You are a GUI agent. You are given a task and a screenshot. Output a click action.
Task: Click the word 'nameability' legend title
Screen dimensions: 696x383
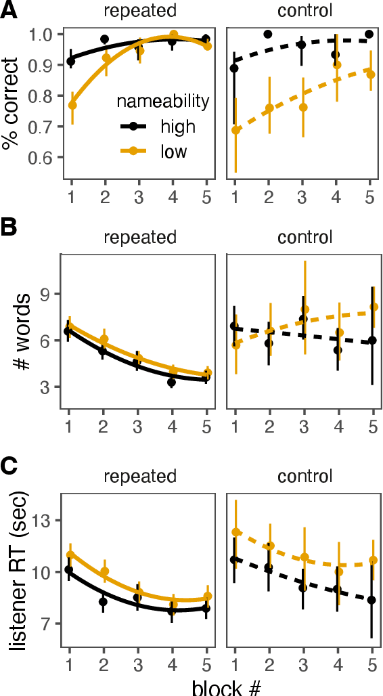pos(162,102)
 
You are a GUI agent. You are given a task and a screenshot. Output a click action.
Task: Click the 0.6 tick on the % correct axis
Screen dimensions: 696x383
pos(45,158)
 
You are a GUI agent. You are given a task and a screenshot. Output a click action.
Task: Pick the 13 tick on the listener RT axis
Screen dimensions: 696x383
pos(45,521)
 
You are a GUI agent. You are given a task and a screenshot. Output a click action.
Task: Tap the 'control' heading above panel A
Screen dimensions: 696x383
pos(304,11)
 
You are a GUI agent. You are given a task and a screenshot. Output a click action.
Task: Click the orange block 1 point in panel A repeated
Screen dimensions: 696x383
pos(72,105)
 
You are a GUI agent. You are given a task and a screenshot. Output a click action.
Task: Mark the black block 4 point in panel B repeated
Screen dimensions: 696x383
pos(172,383)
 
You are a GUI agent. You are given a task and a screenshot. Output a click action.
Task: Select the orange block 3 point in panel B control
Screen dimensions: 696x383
pos(304,309)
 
